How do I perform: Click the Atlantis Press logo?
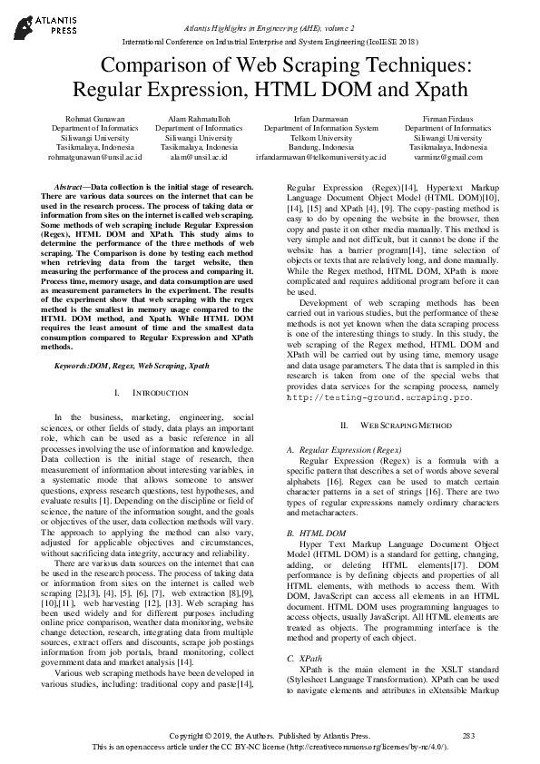click(x=42, y=24)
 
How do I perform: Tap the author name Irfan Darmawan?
click(x=321, y=118)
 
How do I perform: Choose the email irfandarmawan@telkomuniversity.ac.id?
click(x=321, y=156)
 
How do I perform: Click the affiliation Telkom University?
click(x=321, y=137)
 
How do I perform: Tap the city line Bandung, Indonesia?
click(x=321, y=147)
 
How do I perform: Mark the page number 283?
click(x=468, y=733)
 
